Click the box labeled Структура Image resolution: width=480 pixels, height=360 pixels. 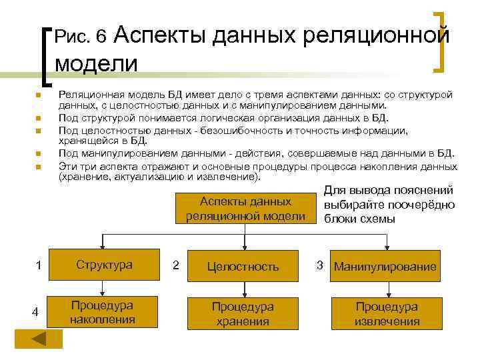pyautogui.click(x=103, y=265)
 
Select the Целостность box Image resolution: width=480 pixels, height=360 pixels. pyautogui.click(x=243, y=266)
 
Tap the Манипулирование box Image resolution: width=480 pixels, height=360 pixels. pyautogui.click(x=386, y=267)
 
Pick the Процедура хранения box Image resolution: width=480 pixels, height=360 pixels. pyautogui.click(x=243, y=313)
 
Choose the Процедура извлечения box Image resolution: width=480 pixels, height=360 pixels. pyautogui.click(x=386, y=313)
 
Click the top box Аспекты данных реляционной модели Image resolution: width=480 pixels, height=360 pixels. pyautogui.click(x=246, y=209)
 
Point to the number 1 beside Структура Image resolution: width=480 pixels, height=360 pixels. pyautogui.click(x=39, y=266)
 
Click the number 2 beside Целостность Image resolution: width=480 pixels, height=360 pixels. pyautogui.click(x=175, y=265)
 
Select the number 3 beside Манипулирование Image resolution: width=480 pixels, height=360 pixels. pyautogui.click(x=320, y=265)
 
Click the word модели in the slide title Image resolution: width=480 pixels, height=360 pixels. pyautogui.click(x=96, y=64)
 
